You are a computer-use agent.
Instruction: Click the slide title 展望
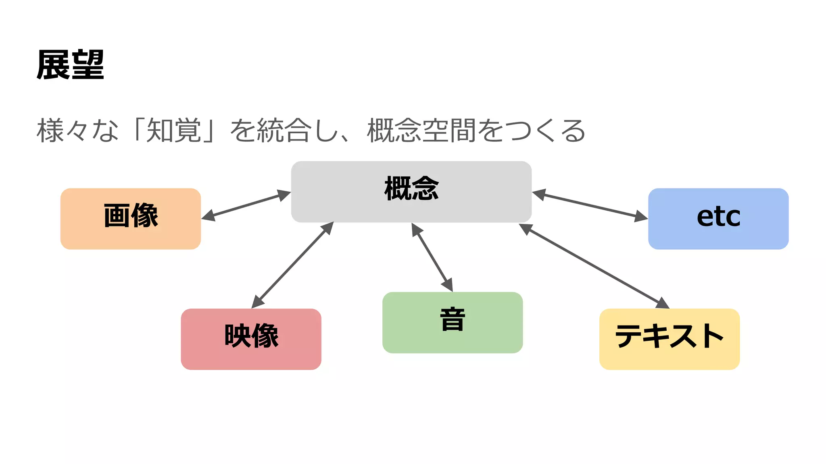pyautogui.click(x=70, y=64)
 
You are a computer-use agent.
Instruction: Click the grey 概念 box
pyautogui.click(x=411, y=192)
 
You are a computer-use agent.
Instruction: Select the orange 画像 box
pyautogui.click(x=131, y=218)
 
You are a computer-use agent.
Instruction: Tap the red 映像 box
pyautogui.click(x=251, y=339)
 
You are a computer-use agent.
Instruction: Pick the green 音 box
pyautogui.click(x=452, y=322)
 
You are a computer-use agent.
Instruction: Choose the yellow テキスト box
pyautogui.click(x=669, y=339)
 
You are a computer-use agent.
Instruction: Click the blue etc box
pyautogui.click(x=718, y=218)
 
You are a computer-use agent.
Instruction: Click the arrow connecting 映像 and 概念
pyautogui.click(x=292, y=265)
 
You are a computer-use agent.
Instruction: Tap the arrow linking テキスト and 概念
pyautogui.click(x=594, y=266)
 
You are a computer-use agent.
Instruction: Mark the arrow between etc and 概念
pyautogui.click(x=590, y=206)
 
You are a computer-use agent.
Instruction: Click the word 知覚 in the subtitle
pyautogui.click(x=173, y=130)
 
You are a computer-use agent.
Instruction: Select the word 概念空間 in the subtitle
pyautogui.click(x=421, y=130)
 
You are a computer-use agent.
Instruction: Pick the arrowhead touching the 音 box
pyautogui.click(x=448, y=285)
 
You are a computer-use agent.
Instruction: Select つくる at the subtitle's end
pyautogui.click(x=544, y=130)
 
